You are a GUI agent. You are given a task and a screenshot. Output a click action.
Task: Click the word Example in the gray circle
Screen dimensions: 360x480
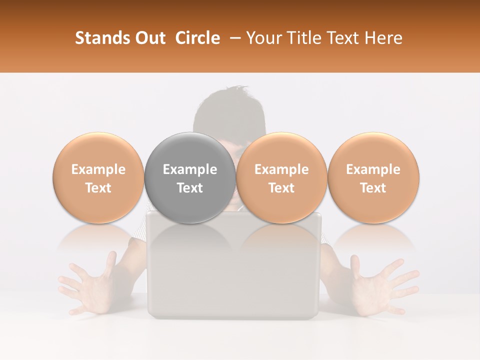coord(190,169)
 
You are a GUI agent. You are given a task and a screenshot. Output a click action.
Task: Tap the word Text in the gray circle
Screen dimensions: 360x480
coord(190,188)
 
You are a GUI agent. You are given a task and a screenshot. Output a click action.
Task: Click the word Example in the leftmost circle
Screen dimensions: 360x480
coord(98,169)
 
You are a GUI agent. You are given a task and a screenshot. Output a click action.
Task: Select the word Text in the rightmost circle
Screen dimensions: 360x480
coord(373,188)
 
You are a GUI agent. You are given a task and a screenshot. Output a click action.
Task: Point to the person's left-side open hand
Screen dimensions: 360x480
coord(85,287)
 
